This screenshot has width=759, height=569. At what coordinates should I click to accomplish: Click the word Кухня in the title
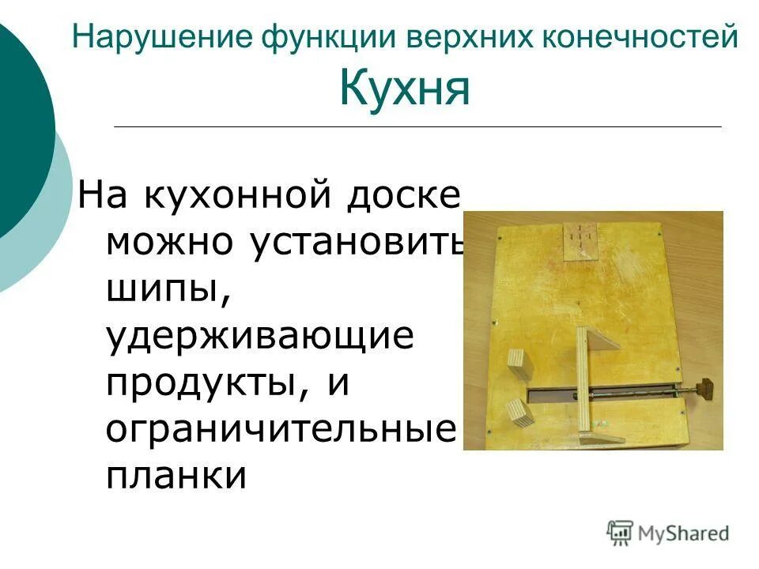click(405, 89)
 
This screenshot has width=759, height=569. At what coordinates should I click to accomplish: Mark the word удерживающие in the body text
click(261, 337)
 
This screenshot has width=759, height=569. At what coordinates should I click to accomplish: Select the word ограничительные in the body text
click(281, 431)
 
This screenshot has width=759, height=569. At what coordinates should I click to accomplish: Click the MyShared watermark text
click(685, 533)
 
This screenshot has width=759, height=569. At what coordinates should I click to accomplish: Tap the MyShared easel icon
click(620, 533)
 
